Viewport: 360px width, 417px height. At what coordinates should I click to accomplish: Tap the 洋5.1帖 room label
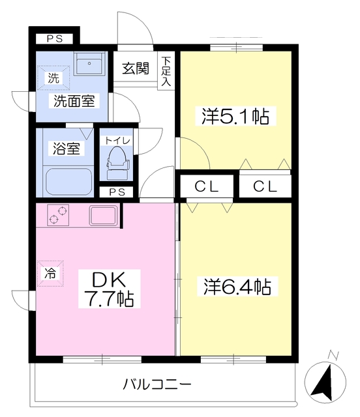coord(235,117)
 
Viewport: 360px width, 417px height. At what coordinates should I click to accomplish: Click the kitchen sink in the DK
coord(103,215)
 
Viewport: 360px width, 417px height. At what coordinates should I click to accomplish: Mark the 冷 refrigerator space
coord(50,274)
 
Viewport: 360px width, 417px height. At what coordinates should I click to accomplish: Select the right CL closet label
coord(265,186)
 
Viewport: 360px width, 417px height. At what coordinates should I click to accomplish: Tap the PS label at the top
coord(54,39)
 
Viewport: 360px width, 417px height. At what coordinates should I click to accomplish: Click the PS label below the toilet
coord(117,192)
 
